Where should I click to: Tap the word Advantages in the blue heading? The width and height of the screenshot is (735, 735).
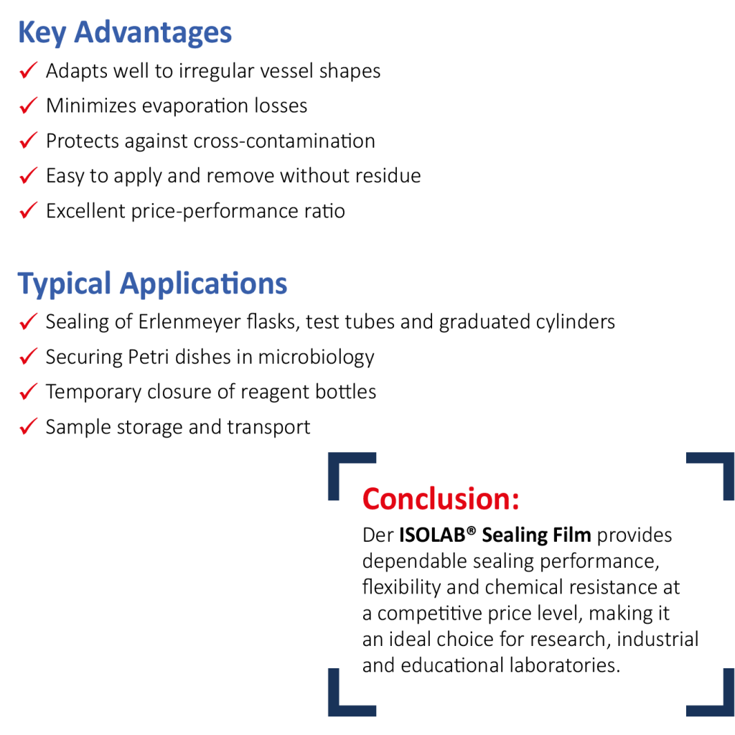point(153,33)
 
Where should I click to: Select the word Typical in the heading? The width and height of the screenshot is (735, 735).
point(64,284)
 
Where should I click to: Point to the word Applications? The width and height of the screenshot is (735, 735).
point(203,284)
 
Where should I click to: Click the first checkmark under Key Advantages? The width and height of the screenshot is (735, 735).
point(28,70)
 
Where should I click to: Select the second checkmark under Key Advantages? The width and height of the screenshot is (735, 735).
point(28,106)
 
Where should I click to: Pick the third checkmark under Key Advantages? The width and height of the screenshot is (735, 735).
point(28,140)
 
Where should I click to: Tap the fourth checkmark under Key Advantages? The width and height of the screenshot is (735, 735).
point(28,175)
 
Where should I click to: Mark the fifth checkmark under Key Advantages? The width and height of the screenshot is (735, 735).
point(28,210)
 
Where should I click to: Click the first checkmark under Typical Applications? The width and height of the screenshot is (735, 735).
point(28,322)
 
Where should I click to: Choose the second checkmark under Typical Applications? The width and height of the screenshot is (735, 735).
point(28,356)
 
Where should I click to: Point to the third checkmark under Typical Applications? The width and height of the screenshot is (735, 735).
point(28,391)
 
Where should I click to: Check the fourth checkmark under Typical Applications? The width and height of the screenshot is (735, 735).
point(28,426)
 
